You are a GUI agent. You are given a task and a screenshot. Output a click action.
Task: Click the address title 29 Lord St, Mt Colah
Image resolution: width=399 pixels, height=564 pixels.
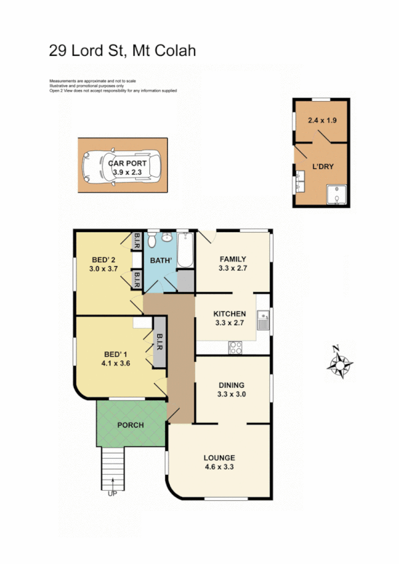123,51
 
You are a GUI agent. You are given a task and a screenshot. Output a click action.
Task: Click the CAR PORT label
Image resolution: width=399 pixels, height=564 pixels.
125,162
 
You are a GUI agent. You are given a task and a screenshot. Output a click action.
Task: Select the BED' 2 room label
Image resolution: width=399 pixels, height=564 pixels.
102,259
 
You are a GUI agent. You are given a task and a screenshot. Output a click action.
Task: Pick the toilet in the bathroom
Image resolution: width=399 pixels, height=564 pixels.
152,239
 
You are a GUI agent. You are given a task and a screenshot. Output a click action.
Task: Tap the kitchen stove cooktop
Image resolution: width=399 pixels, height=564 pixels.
235,346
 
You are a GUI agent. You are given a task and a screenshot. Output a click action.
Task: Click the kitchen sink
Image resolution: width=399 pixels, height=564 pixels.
264,321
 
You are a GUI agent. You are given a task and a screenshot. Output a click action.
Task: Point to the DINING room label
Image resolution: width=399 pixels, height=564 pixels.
232,384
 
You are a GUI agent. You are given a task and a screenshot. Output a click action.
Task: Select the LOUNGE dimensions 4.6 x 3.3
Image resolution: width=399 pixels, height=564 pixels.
219,467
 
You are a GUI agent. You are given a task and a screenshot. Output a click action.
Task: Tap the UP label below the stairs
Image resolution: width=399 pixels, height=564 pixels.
111,493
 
